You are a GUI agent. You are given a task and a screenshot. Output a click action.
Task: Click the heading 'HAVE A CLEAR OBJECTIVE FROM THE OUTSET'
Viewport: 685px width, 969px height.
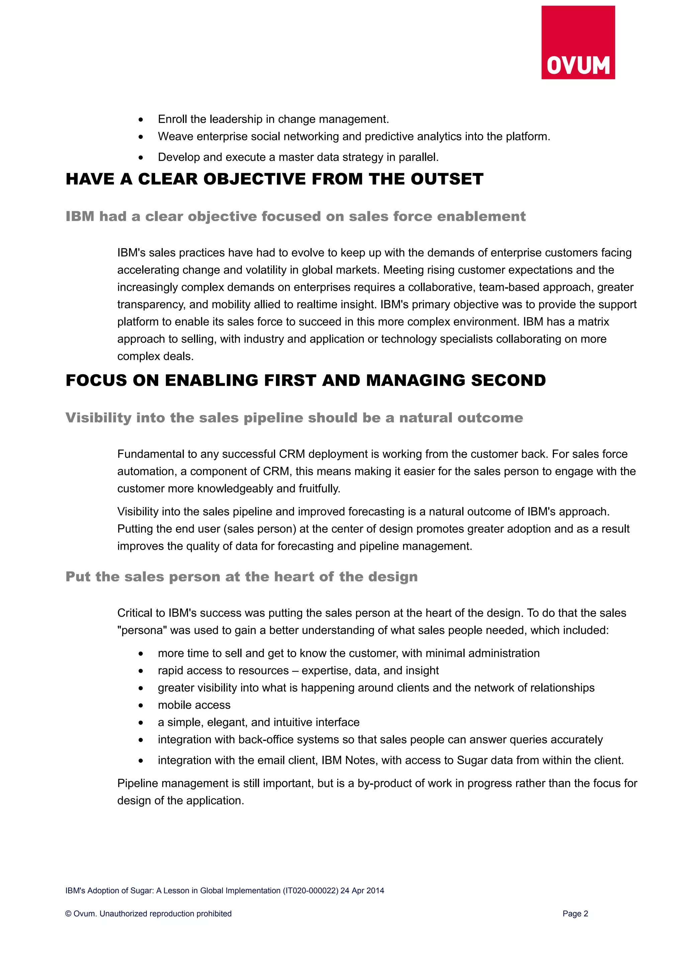(274, 179)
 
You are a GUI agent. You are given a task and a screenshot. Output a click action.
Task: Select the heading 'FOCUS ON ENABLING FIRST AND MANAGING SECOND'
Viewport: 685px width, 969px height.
(306, 380)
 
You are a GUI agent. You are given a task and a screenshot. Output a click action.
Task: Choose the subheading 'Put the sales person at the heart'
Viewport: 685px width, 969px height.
(241, 576)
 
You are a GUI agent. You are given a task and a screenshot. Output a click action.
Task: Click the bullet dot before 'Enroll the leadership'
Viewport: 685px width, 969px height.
(141, 120)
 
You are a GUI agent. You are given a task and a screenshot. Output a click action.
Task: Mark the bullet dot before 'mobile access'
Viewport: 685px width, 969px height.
(141, 706)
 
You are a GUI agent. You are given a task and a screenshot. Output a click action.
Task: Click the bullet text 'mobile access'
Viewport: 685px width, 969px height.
(194, 705)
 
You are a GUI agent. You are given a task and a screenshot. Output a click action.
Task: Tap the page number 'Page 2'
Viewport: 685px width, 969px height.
(575, 914)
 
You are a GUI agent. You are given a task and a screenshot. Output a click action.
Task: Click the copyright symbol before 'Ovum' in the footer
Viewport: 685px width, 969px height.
(68, 914)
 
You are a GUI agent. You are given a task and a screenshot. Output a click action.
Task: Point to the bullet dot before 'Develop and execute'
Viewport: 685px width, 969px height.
(141, 158)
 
